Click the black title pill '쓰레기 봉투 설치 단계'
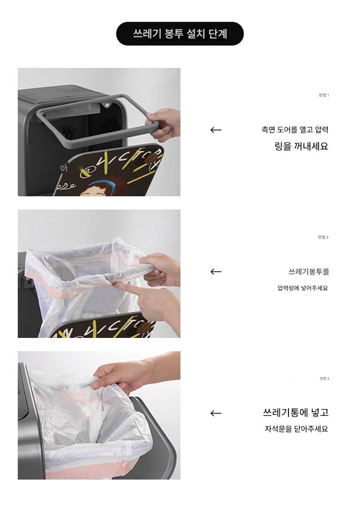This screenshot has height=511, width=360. click(x=180, y=34)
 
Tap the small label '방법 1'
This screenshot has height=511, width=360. click(x=324, y=95)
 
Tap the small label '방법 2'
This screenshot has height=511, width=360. click(x=323, y=237)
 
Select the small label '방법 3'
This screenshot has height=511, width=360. click(x=324, y=378)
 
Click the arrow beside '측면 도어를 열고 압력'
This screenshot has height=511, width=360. click(x=216, y=130)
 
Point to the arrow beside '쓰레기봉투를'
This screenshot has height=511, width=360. click(x=216, y=271)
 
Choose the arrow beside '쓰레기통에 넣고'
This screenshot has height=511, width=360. click(x=216, y=413)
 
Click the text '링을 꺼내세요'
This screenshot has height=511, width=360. click(x=301, y=146)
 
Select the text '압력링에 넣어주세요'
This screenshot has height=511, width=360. click(x=303, y=288)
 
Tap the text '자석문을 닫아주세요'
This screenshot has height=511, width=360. click(x=296, y=429)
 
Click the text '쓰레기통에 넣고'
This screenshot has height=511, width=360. click(x=296, y=413)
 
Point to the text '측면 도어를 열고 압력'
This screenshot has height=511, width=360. click(x=295, y=130)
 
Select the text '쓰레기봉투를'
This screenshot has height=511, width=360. click(x=309, y=271)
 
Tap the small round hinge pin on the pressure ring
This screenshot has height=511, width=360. click(x=106, y=105)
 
